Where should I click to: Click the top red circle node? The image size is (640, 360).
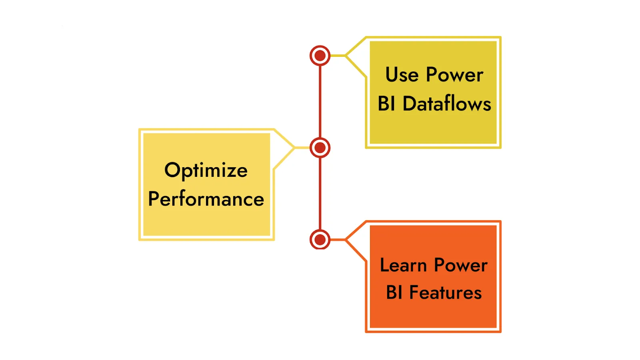320,56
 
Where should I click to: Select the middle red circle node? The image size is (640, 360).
320,148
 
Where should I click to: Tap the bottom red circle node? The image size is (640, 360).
320,240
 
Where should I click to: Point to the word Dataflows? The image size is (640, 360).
447,104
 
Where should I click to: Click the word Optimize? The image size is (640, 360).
206,170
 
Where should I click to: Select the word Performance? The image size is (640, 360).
206,199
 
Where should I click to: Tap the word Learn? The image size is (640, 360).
403,265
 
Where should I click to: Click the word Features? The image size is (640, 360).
446,293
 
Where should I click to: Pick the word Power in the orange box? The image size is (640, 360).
461,265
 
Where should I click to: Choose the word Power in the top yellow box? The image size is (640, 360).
455,75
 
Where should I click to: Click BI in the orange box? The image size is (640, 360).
394,293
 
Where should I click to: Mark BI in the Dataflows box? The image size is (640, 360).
386,104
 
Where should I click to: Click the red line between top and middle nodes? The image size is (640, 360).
320,102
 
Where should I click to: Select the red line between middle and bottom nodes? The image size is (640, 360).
320,194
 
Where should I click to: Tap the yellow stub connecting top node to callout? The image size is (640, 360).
338,56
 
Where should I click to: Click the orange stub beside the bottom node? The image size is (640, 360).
338,240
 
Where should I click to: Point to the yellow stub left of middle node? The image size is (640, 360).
302,148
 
